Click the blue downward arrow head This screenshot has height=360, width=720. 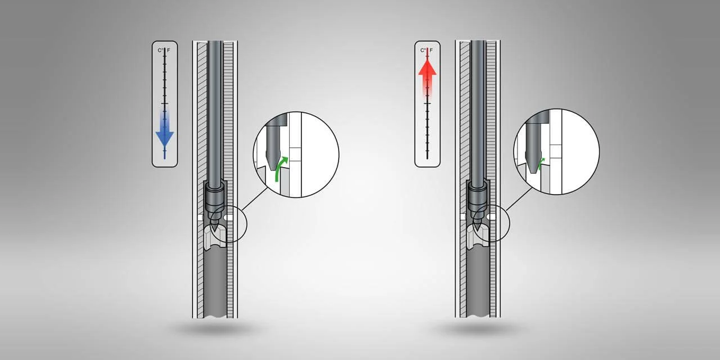coord(164,138)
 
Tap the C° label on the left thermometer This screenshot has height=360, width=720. coord(160,51)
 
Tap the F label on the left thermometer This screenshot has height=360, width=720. coord(169,51)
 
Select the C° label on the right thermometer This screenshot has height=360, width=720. coord(423,51)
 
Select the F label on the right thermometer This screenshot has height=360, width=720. coord(431,51)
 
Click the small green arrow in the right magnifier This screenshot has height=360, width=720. coord(541,164)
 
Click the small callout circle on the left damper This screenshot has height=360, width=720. coord(228,225)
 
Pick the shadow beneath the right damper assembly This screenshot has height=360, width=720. coord(477,329)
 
